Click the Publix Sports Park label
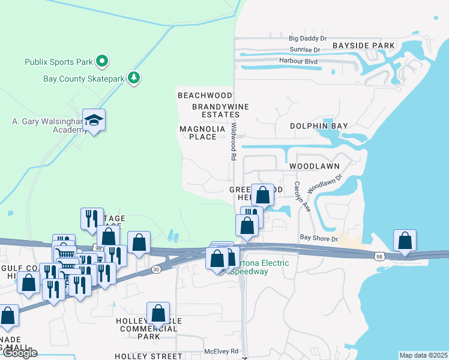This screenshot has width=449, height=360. [59, 62]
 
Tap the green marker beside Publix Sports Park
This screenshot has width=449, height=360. [102, 61]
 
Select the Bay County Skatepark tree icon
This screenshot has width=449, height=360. [133, 78]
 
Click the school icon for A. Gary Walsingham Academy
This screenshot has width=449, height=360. [94, 120]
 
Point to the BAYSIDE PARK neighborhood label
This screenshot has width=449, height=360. [364, 46]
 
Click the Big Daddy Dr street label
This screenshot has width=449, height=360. [307, 38]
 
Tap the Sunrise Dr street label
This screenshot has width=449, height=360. [305, 50]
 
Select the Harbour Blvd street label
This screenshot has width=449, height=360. [298, 61]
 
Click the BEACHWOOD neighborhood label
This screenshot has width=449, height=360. [205, 95]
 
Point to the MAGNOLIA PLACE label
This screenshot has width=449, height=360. [202, 133]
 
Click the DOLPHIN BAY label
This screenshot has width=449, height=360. [319, 126]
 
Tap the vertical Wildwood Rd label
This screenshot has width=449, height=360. [234, 142]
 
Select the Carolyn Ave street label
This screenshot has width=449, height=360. [297, 196]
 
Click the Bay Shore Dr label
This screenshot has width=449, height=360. [319, 239]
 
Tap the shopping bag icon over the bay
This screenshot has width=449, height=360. [405, 240]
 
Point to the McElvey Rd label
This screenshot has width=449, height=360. [221, 351]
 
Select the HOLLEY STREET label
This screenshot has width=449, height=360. [148, 356]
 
